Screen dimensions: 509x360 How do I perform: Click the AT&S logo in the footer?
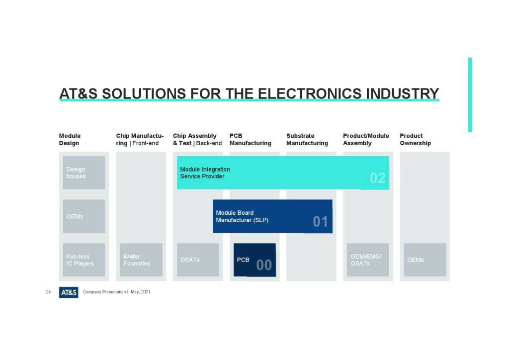point(69,292)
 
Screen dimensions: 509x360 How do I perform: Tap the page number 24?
point(48,292)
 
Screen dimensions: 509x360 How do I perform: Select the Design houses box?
point(84,173)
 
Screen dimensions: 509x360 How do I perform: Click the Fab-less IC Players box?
point(84,260)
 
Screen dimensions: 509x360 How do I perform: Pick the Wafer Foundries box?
point(141,260)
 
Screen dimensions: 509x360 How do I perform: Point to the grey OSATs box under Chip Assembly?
point(198,260)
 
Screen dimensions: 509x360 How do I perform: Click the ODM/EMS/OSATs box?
point(368,260)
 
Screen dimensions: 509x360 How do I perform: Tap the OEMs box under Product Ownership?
point(425,260)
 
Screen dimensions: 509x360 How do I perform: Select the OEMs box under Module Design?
point(84,216)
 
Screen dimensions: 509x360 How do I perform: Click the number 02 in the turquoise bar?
point(378,178)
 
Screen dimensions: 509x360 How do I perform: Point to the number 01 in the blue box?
point(321,222)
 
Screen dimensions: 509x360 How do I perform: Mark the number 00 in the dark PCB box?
point(264,265)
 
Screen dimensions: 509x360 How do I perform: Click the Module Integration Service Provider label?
point(205,173)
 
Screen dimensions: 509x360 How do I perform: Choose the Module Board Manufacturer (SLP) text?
point(242,216)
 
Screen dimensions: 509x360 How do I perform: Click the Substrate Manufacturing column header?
point(307,140)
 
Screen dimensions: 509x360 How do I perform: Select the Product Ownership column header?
point(415,140)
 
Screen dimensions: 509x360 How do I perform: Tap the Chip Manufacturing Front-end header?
point(140,140)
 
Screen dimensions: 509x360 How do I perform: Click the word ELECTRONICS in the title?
point(309,93)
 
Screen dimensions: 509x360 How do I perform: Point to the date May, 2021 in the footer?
point(141,292)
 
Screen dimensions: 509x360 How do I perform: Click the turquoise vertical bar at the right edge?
point(470,95)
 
